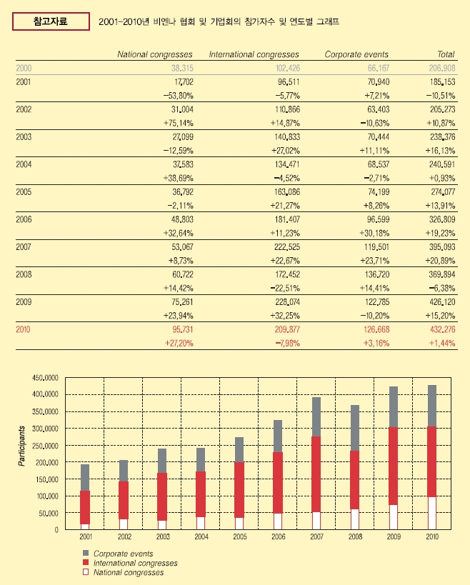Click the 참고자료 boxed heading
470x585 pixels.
coord(51,21)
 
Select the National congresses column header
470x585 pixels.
coord(155,54)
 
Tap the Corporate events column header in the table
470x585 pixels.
coord(356,54)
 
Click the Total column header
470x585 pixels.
coord(446,54)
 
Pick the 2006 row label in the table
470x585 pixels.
coord(24,219)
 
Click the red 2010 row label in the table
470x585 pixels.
coord(23,329)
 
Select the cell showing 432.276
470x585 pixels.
coord(442,329)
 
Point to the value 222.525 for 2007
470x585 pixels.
coord(287,247)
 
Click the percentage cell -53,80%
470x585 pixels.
coord(179,96)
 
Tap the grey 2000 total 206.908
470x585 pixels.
coord(442,69)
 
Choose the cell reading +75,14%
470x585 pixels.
coord(179,123)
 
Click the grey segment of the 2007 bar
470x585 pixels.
coord(316,416)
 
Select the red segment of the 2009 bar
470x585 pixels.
coord(394,466)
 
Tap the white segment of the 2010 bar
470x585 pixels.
coord(432,513)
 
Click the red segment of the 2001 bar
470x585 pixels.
coord(85,507)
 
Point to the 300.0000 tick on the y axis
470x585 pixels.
coord(45,429)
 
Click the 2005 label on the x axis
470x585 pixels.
coord(240,537)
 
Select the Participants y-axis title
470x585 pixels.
coord(21,446)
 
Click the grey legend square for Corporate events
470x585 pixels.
coord(86,553)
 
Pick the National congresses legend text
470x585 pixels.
coord(129,573)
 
